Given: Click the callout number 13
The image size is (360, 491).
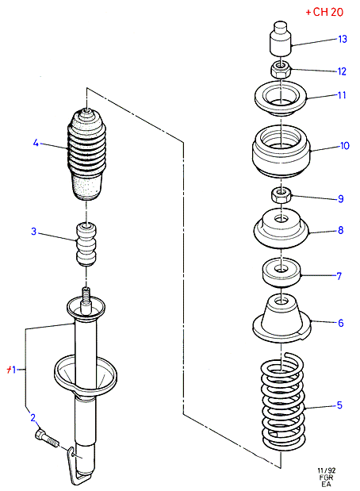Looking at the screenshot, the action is (343, 39).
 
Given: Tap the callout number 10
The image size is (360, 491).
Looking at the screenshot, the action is (345, 146).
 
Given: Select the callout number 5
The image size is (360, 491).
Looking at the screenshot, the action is (339, 405).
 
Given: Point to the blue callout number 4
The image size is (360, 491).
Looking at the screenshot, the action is (36, 143).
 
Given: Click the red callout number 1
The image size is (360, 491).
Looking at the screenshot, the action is (11, 370).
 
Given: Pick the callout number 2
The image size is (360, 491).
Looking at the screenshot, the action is (33, 417).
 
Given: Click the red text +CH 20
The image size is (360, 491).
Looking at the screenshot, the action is (324, 12).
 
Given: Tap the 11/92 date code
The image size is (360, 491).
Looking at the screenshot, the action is (327, 470).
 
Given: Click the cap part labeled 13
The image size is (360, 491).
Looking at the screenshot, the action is (281, 38).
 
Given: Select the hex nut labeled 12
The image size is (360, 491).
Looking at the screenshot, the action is (281, 70).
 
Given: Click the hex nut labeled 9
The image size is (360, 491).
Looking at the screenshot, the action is (281, 195).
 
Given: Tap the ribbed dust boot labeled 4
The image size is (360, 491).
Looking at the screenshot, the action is (86, 155).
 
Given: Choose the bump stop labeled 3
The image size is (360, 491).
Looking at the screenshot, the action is (86, 244).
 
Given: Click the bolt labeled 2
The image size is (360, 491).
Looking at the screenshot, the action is (47, 438).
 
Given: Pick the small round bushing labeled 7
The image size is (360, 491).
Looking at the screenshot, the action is (281, 272).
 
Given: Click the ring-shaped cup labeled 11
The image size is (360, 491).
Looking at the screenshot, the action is (281, 98).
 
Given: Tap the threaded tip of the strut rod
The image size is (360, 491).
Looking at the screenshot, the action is (86, 293).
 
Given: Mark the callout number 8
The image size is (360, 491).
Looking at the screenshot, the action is (341, 230).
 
